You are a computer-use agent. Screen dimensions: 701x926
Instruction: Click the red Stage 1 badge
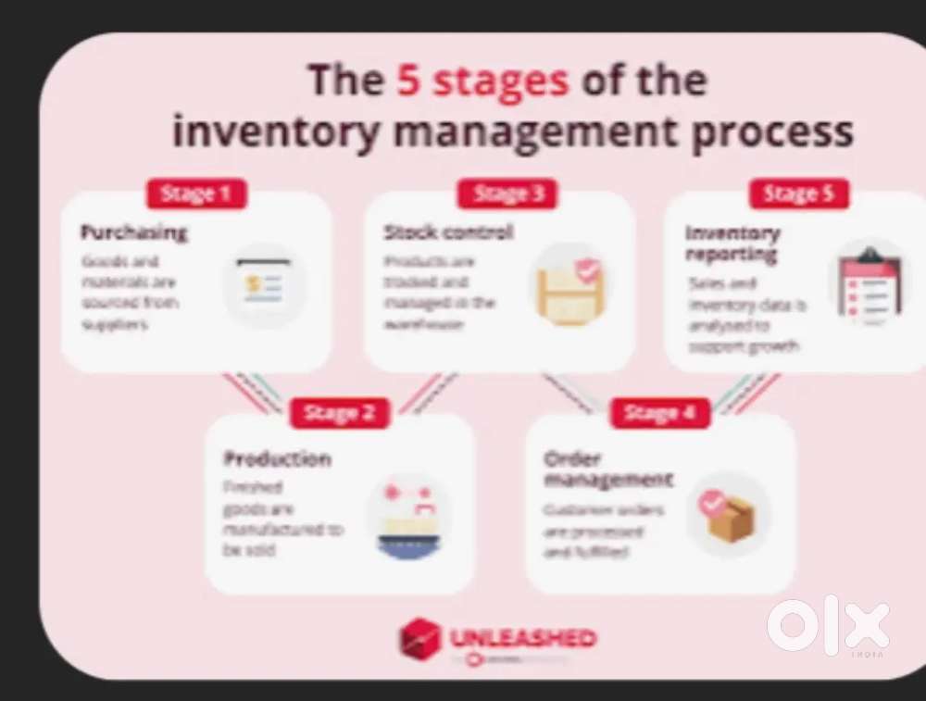195,194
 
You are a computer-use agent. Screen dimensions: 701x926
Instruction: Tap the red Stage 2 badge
340,413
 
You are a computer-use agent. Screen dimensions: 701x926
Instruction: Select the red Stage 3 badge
507,194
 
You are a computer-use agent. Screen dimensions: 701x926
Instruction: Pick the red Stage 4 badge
659,413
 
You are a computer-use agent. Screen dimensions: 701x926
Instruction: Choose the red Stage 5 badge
798,194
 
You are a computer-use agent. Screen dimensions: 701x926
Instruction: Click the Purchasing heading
133,232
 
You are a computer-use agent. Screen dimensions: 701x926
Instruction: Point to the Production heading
277,458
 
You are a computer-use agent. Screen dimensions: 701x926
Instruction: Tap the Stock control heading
448,232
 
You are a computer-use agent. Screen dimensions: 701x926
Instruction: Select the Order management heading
608,469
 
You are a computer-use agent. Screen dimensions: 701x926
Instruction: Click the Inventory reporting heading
732,243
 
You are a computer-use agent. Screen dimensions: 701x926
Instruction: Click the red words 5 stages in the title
482,81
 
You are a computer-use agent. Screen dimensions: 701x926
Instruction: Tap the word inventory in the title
275,131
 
